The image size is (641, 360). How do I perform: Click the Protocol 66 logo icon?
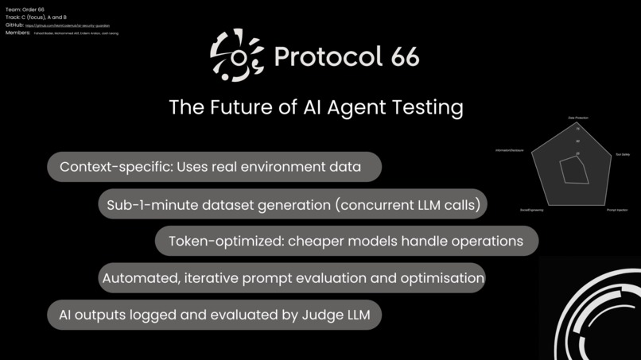237,55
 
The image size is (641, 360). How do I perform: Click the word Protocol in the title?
321,56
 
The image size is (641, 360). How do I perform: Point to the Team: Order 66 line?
25,9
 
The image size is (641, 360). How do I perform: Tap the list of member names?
76,33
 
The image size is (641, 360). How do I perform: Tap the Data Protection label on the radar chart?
578,118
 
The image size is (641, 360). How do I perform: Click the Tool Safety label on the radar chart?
623,154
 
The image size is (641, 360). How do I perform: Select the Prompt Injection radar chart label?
617,210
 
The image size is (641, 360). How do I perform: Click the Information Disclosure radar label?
509,150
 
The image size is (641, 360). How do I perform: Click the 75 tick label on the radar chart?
578,128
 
